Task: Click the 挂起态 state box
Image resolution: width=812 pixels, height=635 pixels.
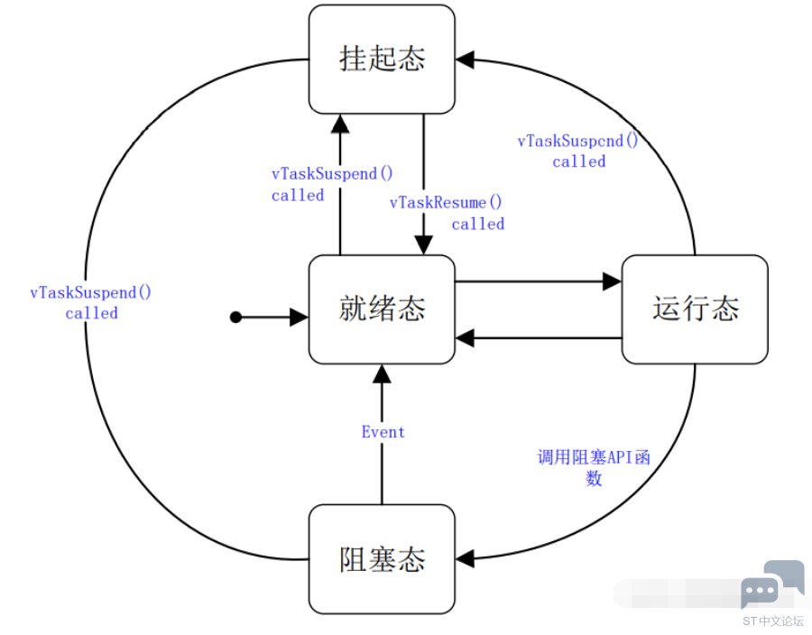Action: [x=382, y=59]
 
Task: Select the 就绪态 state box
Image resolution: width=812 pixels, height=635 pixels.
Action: [x=382, y=309]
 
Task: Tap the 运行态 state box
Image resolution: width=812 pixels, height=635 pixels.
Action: [x=695, y=309]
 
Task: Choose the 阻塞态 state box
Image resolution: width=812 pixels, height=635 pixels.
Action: [x=382, y=559]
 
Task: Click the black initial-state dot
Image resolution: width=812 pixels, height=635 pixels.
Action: [x=235, y=317]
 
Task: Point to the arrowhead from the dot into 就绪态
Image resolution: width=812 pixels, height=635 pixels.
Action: [x=299, y=317]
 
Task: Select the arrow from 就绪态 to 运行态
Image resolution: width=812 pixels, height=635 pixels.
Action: [x=538, y=281]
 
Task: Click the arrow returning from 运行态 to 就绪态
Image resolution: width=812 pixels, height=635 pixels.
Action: [x=538, y=338]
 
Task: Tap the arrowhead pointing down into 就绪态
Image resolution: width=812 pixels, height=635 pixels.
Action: [x=424, y=244]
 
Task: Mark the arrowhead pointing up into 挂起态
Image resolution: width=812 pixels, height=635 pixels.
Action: [x=340, y=124]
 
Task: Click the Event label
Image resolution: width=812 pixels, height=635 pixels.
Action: [x=383, y=432]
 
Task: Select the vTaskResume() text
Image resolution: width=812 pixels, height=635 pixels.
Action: [x=446, y=202]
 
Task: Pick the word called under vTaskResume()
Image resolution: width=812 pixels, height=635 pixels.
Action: [x=477, y=224]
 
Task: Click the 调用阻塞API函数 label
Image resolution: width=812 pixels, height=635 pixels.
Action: [x=594, y=467]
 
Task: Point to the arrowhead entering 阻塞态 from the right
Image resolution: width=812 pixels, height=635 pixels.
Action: [x=465, y=559]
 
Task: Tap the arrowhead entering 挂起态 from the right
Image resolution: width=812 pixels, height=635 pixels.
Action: [x=465, y=60]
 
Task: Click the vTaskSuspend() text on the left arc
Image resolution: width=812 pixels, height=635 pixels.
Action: [x=90, y=292]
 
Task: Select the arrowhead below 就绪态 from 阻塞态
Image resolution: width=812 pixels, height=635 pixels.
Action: [x=382, y=373]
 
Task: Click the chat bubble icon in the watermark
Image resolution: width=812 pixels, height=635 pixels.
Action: [x=771, y=584]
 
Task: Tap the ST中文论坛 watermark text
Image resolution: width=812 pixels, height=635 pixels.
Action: [x=773, y=621]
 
